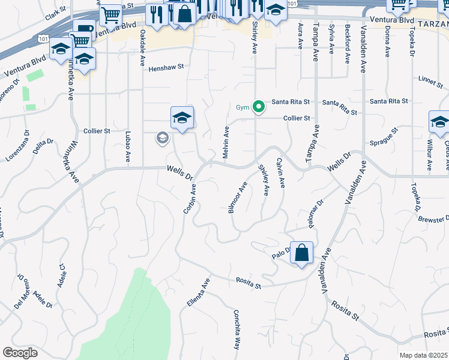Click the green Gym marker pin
click(259, 107)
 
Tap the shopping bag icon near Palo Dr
click(301, 253)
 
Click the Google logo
click(20, 353)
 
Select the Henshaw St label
click(166, 68)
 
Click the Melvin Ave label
click(226, 142)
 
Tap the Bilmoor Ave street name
click(238, 199)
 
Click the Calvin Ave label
click(280, 173)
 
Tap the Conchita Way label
click(237, 329)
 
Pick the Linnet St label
click(430, 79)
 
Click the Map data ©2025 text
click(423, 355)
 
